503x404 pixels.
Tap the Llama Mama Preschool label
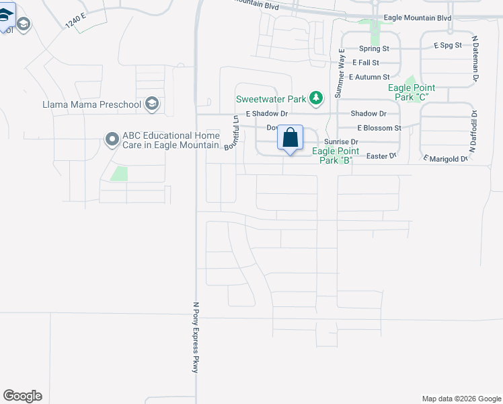point(91,104)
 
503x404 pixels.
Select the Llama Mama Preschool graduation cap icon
point(152,104)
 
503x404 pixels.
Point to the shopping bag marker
point(290,138)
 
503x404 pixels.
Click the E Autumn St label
point(369,77)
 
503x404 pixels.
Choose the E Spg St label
point(448,46)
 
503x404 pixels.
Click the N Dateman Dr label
point(475,59)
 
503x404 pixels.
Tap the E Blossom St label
point(379,127)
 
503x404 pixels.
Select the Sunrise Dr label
point(341,142)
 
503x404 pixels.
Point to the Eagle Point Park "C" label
point(412,92)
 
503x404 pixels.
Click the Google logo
point(22,396)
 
